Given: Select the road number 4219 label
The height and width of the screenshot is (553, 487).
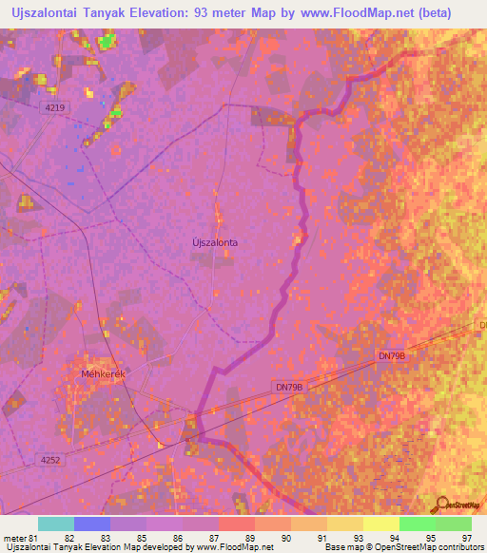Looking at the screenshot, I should point(55,108).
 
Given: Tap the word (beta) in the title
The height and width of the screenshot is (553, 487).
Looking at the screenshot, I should point(455,12).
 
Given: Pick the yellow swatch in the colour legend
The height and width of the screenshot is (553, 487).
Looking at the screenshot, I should point(381,524).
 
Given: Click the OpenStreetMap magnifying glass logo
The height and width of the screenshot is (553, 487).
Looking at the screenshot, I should point(440,503).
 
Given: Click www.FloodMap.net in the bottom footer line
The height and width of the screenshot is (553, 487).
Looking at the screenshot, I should point(234,547).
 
